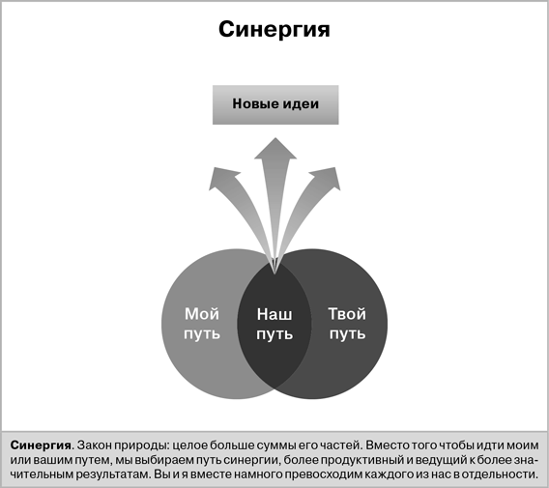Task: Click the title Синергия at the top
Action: [x=274, y=30]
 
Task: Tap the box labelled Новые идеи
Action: [x=275, y=104]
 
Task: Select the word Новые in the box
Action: [x=254, y=103]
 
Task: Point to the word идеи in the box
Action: [x=301, y=103]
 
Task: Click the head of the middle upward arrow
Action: [x=275, y=149]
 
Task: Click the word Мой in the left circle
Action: [x=202, y=314]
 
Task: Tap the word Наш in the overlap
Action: [x=274, y=314]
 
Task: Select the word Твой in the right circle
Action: [x=347, y=314]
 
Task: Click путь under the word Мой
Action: [x=202, y=334]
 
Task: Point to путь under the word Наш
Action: [x=274, y=334]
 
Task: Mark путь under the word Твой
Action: [x=347, y=334]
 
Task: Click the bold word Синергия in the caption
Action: [x=41, y=445]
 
